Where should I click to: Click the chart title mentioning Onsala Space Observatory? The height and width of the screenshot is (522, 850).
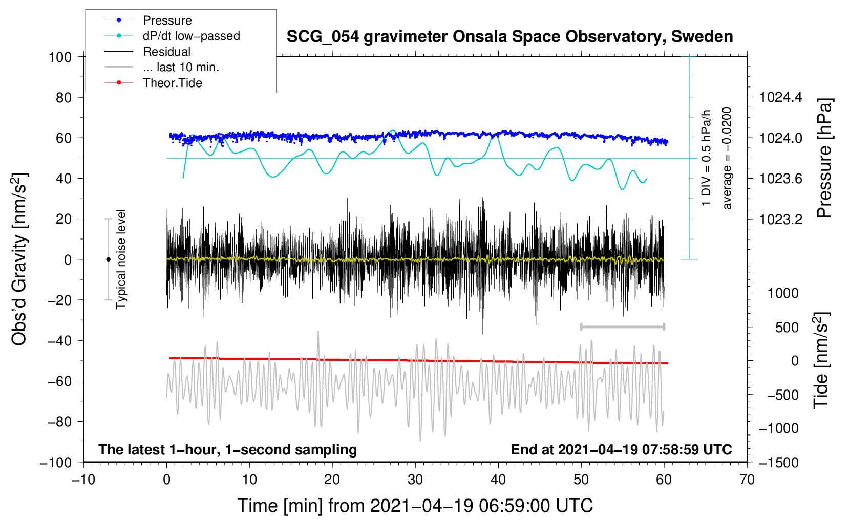pos(509,37)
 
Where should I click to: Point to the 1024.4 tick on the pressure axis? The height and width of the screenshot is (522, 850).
pos(780,97)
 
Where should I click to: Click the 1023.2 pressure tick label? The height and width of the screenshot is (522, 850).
pos(780,219)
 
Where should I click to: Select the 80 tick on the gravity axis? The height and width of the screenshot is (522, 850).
pos(63,97)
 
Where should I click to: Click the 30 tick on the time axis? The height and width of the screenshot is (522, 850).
pos(415,480)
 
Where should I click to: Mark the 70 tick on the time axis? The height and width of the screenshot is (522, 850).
pos(747,480)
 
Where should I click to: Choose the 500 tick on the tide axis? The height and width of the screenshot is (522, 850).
pos(787,327)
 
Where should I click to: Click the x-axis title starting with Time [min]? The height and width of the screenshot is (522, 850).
pos(415,506)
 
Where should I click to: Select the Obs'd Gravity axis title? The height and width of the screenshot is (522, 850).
pos(19,259)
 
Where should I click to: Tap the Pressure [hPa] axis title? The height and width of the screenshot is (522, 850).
pos(824,158)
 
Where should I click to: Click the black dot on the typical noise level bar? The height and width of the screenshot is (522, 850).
pos(108,259)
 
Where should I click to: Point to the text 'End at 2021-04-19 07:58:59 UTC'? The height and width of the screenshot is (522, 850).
pos(621,449)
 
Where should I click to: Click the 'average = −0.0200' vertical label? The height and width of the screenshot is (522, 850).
pos(727,158)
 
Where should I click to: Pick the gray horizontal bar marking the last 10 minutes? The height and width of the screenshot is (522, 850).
pos(622,327)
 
